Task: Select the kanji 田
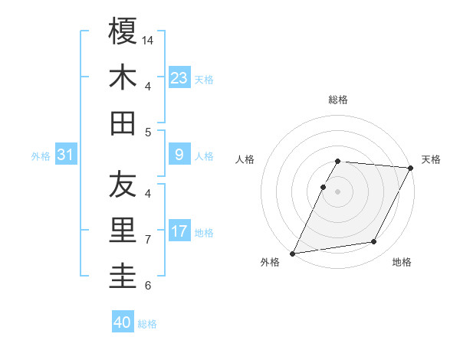123,123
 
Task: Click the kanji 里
123,231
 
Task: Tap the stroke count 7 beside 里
147,239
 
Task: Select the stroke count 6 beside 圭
147,286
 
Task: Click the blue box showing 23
179,77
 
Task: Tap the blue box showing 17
179,231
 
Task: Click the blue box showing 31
66,155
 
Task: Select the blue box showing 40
123,322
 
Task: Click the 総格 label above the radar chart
338,100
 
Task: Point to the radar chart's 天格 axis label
431,159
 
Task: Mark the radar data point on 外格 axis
292,254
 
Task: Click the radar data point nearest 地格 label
374,242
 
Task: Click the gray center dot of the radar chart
338,191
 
